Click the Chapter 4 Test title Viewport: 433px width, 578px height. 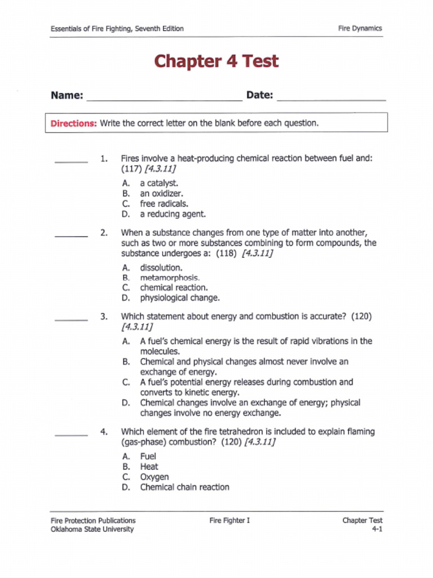point(216,61)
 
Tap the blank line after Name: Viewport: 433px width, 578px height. point(164,98)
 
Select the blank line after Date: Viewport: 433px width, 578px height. point(332,98)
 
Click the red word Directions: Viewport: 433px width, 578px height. point(74,123)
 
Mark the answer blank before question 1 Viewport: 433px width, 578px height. point(71,161)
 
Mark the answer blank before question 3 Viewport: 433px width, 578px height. point(71,319)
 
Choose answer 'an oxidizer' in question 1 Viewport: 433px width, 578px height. point(161,194)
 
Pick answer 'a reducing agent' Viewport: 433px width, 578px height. point(173,214)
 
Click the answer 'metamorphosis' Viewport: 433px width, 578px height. point(169,278)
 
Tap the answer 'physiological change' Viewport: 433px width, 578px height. point(180,297)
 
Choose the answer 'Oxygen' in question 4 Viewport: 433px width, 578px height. point(154,477)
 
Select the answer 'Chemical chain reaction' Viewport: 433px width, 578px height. point(184,487)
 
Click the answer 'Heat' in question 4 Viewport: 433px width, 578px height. point(149,467)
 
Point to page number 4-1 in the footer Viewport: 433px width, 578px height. point(377,529)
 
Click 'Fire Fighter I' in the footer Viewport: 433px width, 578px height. point(229,520)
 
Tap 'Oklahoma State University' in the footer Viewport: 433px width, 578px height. point(92,529)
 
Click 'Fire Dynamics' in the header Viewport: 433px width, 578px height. point(360,28)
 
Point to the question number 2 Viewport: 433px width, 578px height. point(104,233)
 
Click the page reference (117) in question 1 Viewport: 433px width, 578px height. point(130,169)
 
